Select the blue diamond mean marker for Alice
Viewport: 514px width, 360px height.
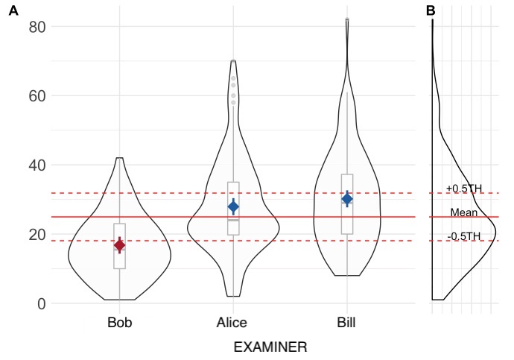coord(233,206)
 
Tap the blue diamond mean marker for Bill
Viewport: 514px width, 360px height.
coord(347,198)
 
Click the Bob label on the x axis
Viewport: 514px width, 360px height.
coord(119,323)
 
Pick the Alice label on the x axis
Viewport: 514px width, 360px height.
coord(233,323)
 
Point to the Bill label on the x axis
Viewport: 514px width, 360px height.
coord(347,323)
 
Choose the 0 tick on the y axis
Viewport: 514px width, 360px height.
coord(42,304)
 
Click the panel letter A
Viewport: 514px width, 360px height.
coord(13,10)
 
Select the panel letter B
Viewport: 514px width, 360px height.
coord(431,10)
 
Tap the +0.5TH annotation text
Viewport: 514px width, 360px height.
coord(464,189)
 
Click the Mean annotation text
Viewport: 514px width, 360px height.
coord(464,213)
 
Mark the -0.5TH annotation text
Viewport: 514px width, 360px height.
coord(464,237)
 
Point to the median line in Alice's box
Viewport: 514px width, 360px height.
coord(233,220)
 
